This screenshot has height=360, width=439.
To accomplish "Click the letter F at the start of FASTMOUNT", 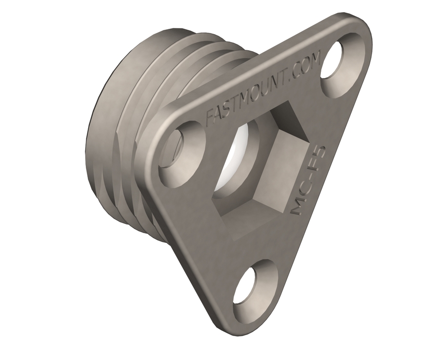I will click(x=210, y=120).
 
